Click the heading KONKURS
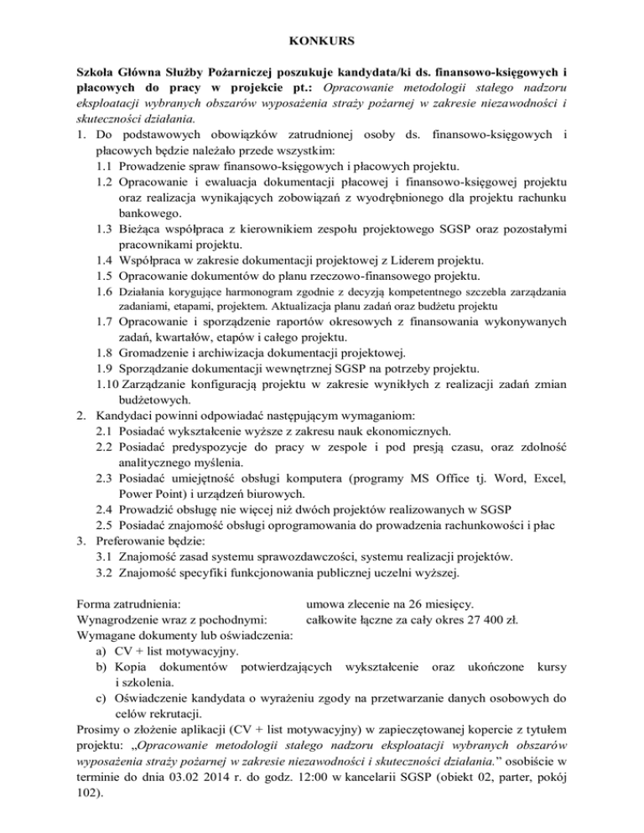click(x=322, y=39)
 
